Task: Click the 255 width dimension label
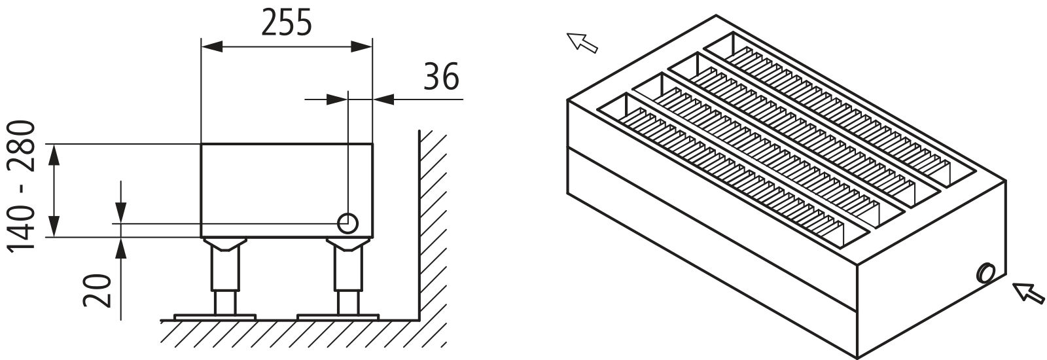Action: coord(286,23)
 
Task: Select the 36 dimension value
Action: coord(441,77)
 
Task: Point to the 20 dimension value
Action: coord(98,291)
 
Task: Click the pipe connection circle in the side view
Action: coord(347,223)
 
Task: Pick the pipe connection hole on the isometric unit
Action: coord(985,272)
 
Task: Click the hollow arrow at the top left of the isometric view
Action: coord(582,43)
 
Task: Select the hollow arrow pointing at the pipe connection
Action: coord(1028,293)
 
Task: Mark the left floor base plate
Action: coord(215,317)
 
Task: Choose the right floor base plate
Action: coord(338,317)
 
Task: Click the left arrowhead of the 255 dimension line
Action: coord(211,46)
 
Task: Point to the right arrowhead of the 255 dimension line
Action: coord(362,46)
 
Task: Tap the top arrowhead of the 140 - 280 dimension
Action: coord(55,154)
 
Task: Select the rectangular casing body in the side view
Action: coord(287,190)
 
